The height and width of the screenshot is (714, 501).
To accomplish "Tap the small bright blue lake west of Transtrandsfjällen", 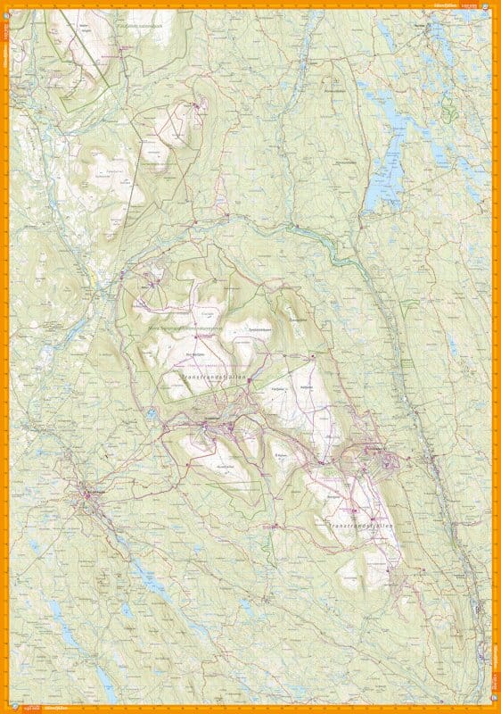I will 152,413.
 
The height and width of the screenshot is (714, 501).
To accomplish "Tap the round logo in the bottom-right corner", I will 496,709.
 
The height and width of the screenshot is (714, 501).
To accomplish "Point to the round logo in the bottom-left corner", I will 5,709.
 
